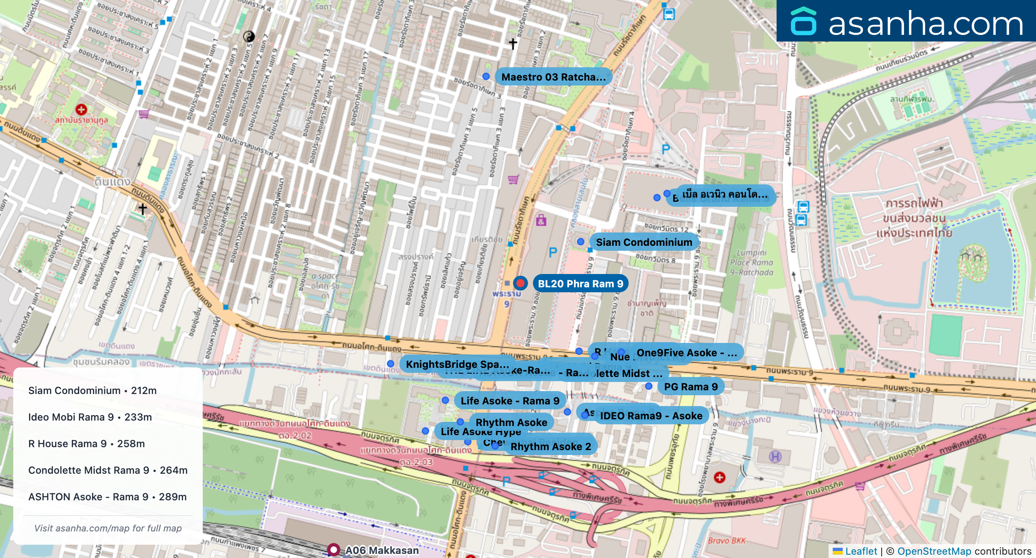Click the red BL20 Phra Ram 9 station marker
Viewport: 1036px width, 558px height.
[x=520, y=283]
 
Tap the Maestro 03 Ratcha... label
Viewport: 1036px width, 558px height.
[x=553, y=77]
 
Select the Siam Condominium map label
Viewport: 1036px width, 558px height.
[x=644, y=242]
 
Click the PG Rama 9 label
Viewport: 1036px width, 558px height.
[x=691, y=387]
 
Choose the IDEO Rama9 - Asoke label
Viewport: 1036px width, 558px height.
[x=651, y=416]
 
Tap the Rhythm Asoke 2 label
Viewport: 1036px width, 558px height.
[x=550, y=446]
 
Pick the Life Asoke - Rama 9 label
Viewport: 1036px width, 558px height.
[x=510, y=401]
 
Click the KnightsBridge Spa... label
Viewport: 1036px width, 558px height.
[x=457, y=364]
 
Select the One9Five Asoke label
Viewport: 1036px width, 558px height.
[x=687, y=352]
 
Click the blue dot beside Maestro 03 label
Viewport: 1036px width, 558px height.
[x=486, y=76]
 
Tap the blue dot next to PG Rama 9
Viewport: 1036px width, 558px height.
[x=649, y=386]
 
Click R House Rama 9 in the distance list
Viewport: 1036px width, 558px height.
[x=86, y=443]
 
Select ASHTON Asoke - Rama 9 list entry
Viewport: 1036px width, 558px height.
[x=107, y=497]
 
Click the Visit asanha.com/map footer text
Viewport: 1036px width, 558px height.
[x=108, y=528]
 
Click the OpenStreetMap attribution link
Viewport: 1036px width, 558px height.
[x=934, y=551]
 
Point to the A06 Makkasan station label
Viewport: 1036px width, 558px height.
[x=382, y=550]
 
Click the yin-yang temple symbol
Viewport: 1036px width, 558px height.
[x=249, y=37]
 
